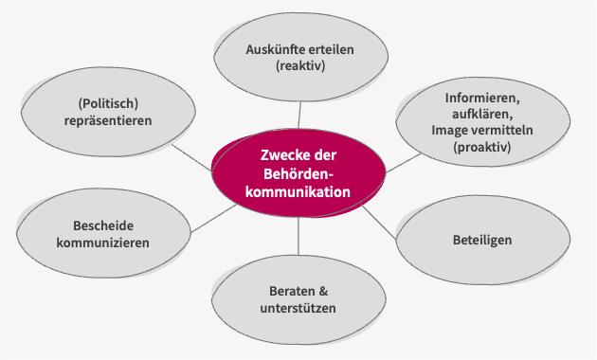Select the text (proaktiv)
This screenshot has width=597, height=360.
point(482,149)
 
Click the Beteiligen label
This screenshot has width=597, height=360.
point(481,241)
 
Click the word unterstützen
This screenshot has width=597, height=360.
point(298,308)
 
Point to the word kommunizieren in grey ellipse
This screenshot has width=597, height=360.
point(103,243)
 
